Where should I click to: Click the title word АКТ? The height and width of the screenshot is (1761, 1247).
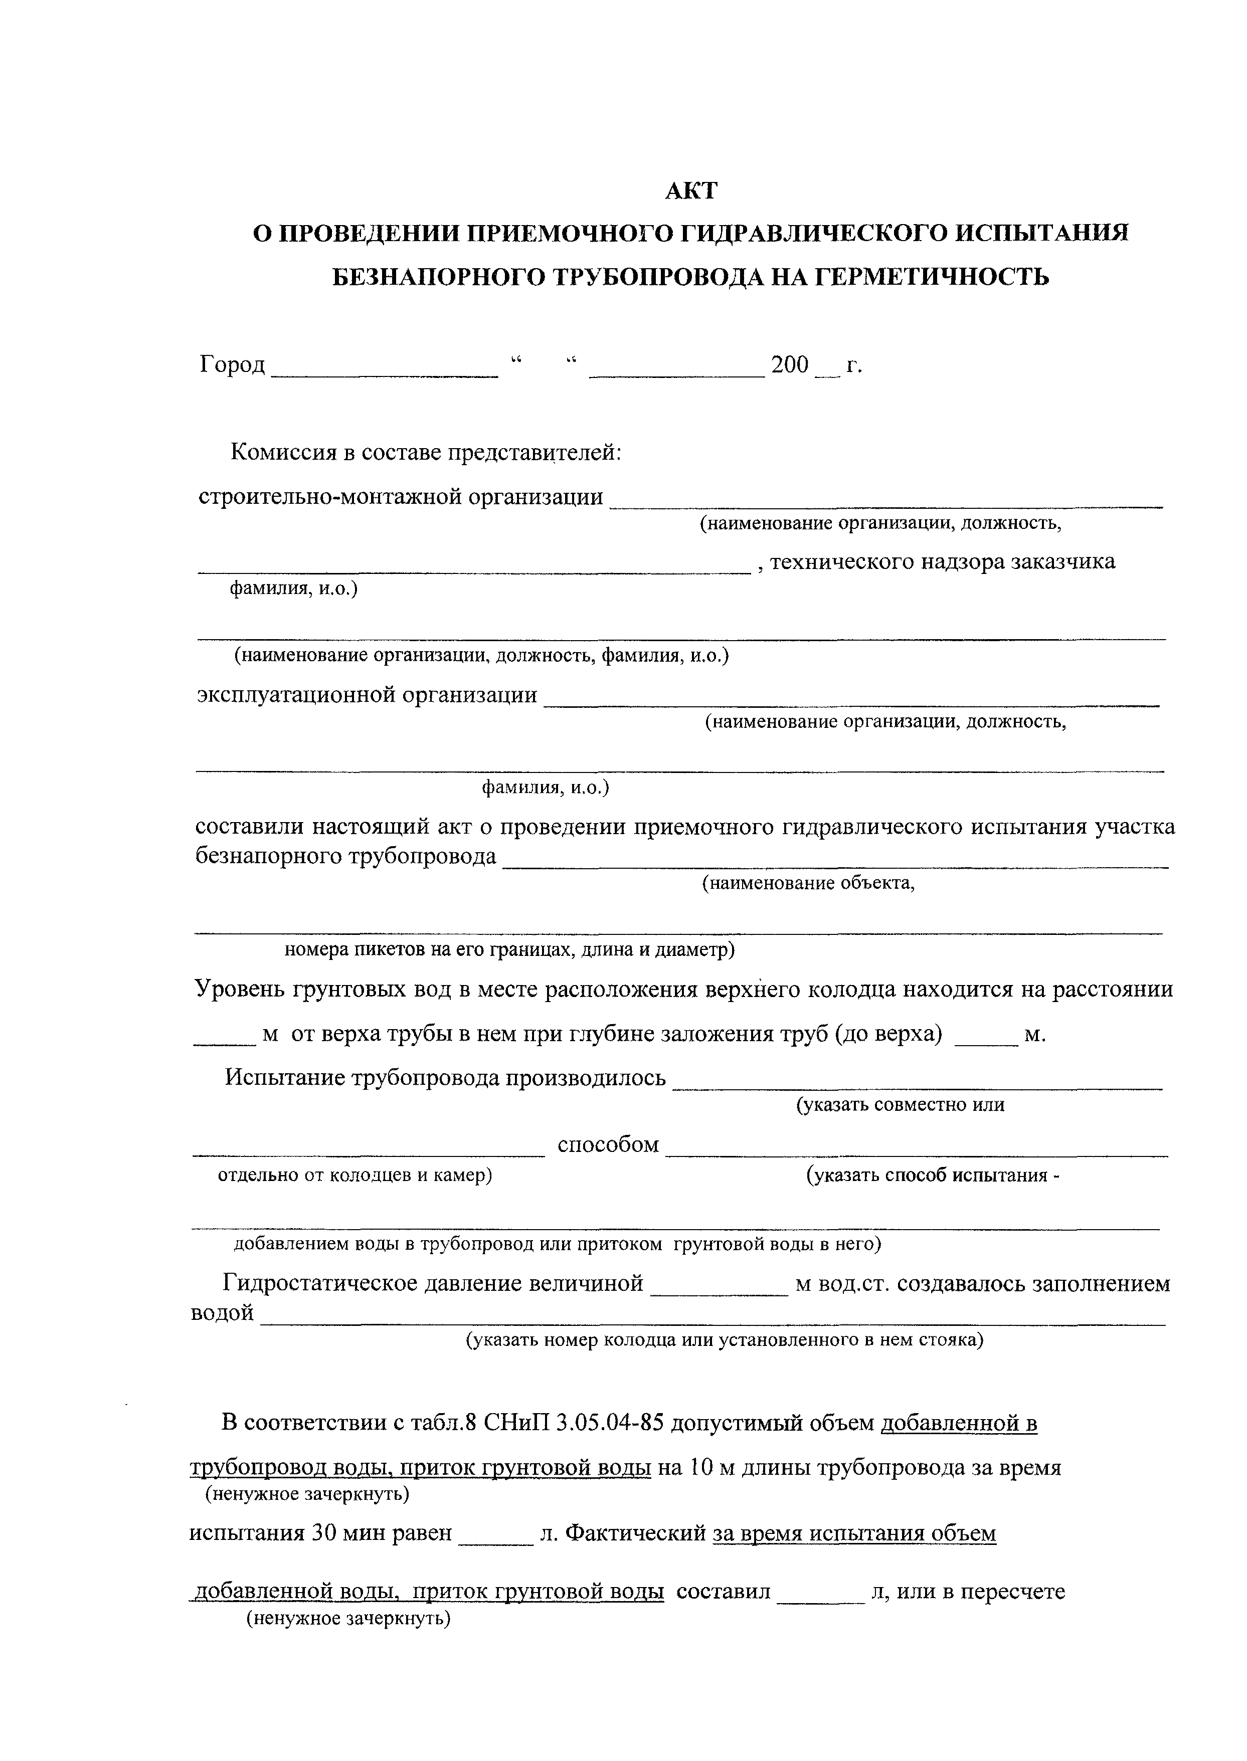coord(690,190)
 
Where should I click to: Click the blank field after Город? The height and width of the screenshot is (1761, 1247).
coord(386,368)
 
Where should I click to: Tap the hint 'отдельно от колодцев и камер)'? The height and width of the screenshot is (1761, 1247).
coord(355,1176)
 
